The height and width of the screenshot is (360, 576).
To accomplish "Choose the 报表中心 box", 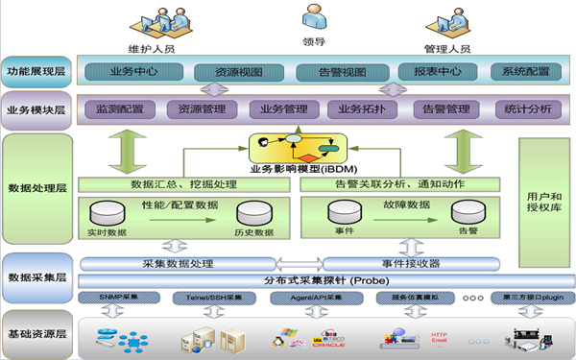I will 429,72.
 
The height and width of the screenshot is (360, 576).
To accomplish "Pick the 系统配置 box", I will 525,72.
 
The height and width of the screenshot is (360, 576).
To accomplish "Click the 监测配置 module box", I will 120,108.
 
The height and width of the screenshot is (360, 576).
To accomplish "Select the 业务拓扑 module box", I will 361,108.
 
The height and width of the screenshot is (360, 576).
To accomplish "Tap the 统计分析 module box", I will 528,108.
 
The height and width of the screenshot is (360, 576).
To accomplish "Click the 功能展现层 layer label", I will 36,72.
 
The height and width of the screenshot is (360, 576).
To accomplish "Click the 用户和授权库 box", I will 544,202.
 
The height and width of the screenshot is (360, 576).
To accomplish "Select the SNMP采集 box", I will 121,299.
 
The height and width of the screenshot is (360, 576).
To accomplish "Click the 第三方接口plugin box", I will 528,299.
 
